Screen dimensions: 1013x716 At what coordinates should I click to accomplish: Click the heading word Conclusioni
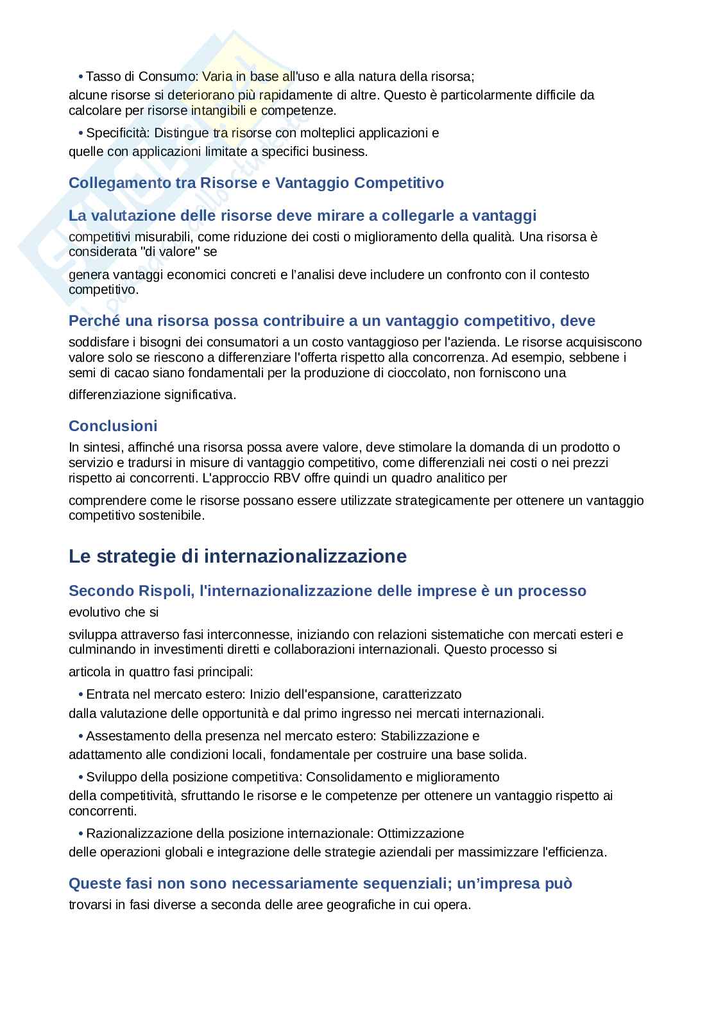113,426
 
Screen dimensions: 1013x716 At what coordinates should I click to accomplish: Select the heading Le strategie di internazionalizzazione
237,556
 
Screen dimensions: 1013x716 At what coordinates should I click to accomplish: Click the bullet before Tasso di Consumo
81,77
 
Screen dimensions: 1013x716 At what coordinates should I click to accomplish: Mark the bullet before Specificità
81,133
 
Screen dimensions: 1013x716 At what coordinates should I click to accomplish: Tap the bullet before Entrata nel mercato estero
81,695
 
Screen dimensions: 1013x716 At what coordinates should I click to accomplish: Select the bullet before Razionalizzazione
81,834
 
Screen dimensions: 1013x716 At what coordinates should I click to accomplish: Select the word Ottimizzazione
420,833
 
